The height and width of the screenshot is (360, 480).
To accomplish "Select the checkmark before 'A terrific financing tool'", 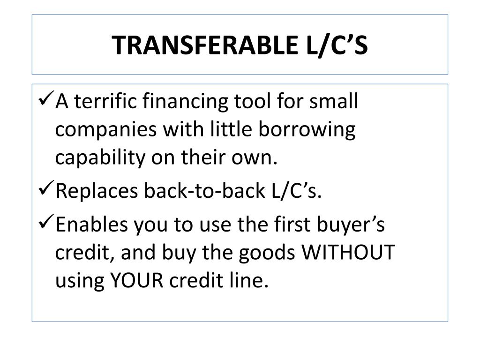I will tap(45, 100).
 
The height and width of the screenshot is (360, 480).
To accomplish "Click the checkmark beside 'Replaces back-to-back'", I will tap(45, 189).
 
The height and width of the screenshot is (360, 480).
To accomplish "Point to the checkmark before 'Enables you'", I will tap(45, 224).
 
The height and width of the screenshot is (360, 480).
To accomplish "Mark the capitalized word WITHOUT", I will tap(349, 253).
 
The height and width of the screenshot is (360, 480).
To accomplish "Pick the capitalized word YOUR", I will tap(136, 281).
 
